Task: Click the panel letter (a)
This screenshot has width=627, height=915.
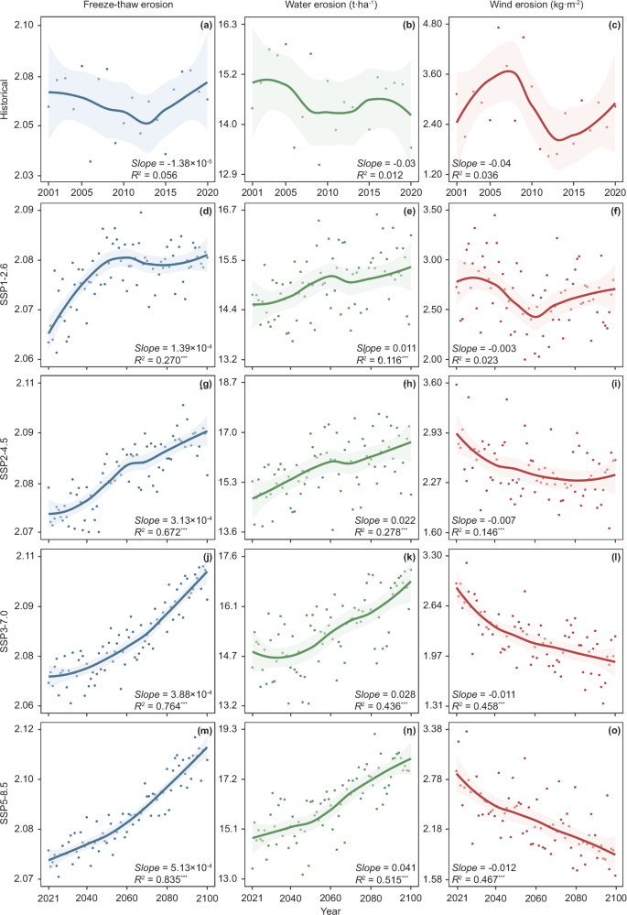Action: (206, 25)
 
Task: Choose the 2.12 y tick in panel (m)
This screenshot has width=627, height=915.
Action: (24, 729)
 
